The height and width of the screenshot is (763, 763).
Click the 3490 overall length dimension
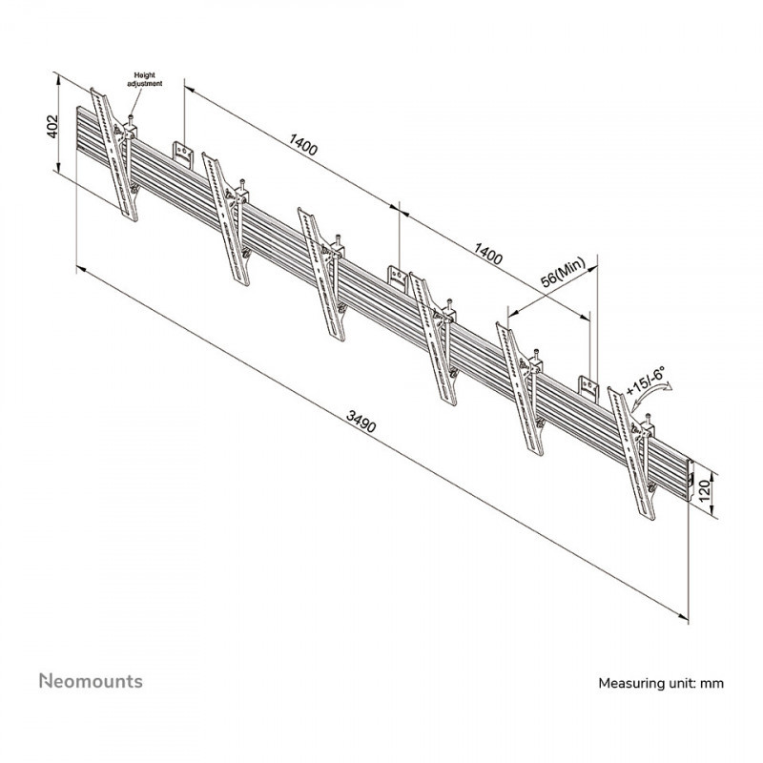361,422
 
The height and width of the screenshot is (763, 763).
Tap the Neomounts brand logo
91,681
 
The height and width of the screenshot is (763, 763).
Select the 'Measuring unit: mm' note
661,683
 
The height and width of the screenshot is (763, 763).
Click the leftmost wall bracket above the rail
182,152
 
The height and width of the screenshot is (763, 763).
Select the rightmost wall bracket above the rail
588,387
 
